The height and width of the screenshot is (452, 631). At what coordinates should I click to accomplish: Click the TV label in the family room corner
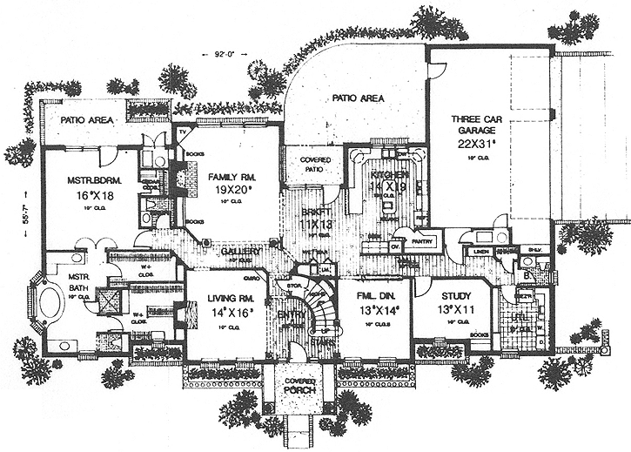pyautogui.click(x=184, y=132)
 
